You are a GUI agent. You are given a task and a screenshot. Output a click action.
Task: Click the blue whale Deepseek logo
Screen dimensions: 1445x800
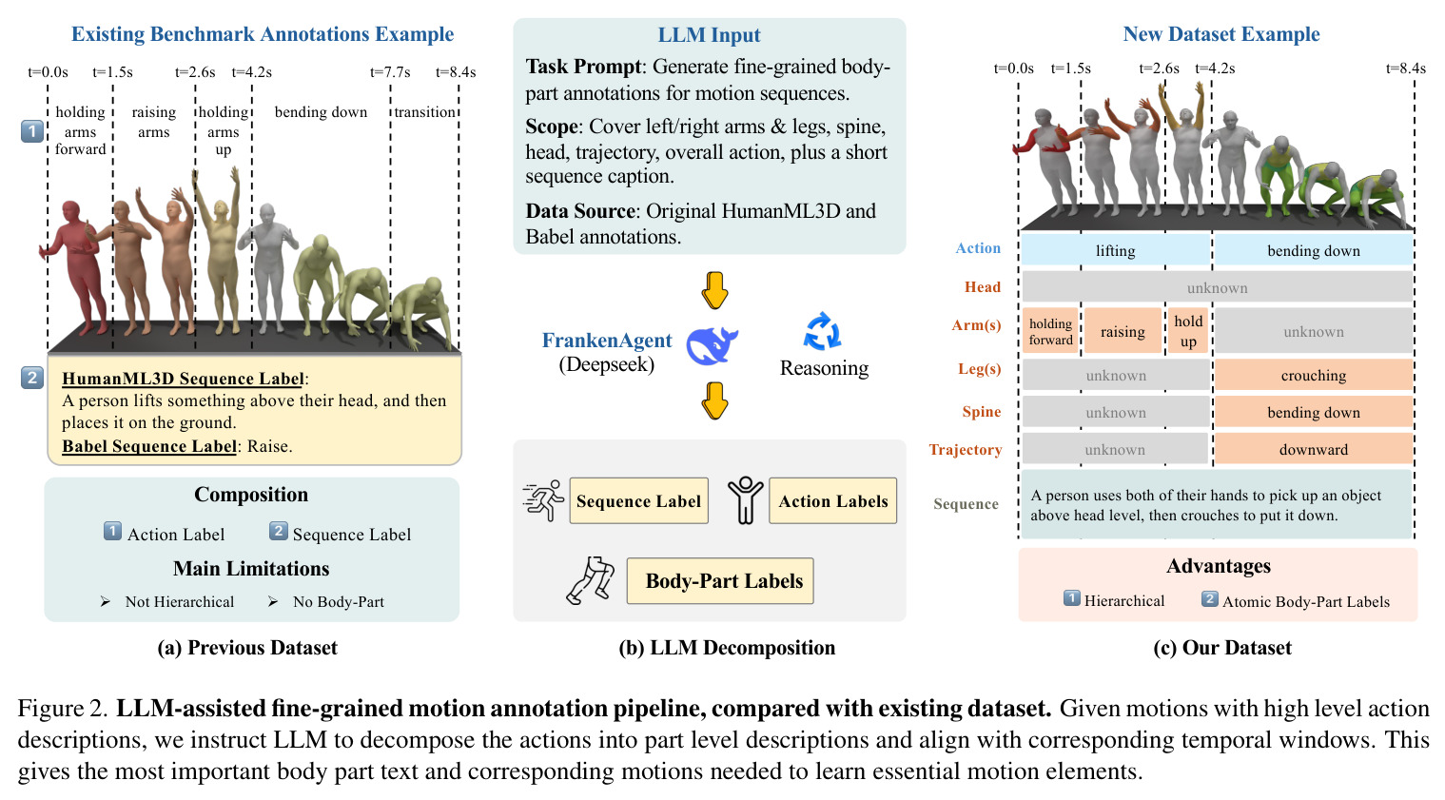pyautogui.click(x=712, y=345)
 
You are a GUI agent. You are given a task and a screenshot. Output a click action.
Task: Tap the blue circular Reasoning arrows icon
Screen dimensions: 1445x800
pyautogui.click(x=822, y=332)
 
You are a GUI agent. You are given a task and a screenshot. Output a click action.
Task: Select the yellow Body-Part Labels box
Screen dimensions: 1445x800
pyautogui.click(x=720, y=580)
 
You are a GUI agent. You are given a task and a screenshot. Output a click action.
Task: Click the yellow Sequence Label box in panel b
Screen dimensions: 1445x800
pyautogui.click(x=638, y=500)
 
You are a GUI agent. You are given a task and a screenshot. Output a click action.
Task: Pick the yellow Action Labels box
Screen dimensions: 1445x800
pyautogui.click(x=832, y=500)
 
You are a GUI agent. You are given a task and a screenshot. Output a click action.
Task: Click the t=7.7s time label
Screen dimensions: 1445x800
pyautogui.click(x=390, y=72)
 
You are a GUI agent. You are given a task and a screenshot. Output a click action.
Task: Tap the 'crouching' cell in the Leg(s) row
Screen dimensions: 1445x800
pyautogui.click(x=1314, y=375)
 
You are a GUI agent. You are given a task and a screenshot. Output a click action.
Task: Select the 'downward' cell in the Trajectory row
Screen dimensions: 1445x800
pyautogui.click(x=1314, y=449)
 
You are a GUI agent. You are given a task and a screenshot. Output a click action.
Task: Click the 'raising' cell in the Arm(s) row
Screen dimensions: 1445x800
pyautogui.click(x=1123, y=331)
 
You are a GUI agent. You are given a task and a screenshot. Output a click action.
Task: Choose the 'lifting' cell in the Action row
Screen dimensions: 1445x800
pyautogui.click(x=1115, y=249)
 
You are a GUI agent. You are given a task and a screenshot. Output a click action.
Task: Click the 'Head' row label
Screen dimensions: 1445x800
pyautogui.click(x=983, y=287)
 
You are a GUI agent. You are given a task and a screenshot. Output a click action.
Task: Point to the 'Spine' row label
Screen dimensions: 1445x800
pyautogui.click(x=981, y=412)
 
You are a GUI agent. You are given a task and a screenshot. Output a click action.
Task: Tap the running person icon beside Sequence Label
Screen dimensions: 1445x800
pyautogui.click(x=543, y=500)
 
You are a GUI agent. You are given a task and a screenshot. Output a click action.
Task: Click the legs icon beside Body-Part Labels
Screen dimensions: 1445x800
pyautogui.click(x=590, y=580)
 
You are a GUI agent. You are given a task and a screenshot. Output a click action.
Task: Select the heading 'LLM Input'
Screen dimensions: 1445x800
pyautogui.click(x=709, y=35)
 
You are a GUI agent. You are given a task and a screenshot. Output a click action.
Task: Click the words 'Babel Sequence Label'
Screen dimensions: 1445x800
pyautogui.click(x=149, y=446)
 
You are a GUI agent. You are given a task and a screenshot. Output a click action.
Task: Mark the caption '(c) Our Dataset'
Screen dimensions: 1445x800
pyautogui.click(x=1222, y=648)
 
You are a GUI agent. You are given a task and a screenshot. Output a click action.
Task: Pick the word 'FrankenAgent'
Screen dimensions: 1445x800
pyautogui.click(x=606, y=340)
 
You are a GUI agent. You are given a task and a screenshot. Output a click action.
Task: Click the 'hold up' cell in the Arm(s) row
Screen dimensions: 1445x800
pyautogui.click(x=1187, y=331)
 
